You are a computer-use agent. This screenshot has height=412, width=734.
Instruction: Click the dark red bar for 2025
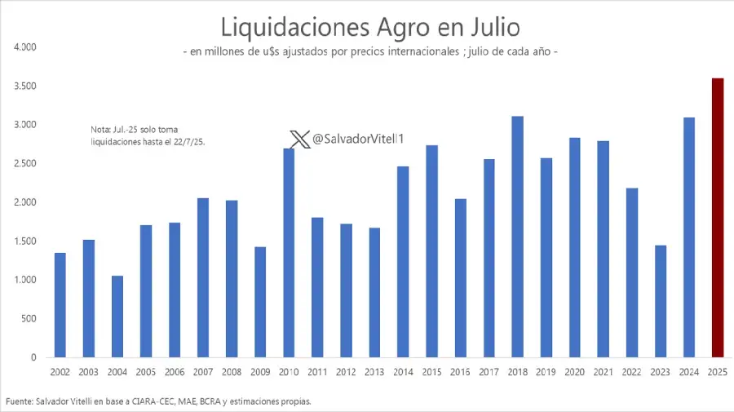click(718, 218)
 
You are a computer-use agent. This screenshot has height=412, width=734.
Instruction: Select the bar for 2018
click(517, 237)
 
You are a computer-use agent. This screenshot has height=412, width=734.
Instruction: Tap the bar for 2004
click(117, 317)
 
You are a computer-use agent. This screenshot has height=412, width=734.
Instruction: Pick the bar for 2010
click(289, 253)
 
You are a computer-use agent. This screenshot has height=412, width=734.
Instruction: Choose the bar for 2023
click(661, 301)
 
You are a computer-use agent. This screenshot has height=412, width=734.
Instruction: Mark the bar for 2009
click(260, 302)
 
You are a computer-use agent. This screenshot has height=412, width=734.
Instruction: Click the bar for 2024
click(689, 237)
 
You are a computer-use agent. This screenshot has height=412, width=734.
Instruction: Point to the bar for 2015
click(431, 251)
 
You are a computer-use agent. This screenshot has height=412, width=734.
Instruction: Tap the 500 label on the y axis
click(29, 319)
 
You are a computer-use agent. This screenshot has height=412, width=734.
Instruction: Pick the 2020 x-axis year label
click(575, 372)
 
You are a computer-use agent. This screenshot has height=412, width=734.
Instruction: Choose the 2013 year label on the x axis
click(375, 372)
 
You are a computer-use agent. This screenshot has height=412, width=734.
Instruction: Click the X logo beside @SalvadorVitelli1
click(299, 140)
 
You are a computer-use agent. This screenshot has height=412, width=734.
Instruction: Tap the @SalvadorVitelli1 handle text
click(359, 140)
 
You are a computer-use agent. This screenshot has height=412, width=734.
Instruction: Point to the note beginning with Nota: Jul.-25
click(147, 135)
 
